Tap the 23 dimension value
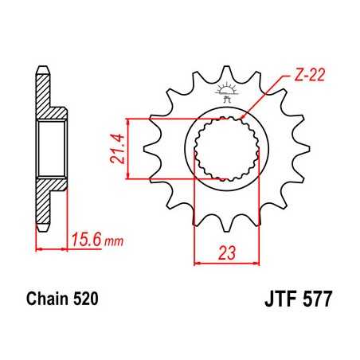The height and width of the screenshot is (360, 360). [x=226, y=254]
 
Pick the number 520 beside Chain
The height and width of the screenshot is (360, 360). [x=84, y=302]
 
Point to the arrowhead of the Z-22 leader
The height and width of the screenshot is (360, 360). [x=245, y=118]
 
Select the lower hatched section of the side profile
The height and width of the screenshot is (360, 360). [x=48, y=199]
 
